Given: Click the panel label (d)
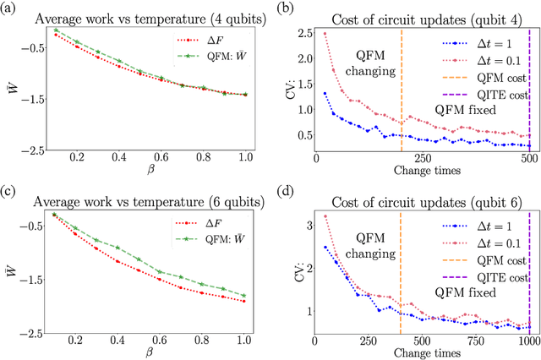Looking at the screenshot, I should point(288,188).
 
